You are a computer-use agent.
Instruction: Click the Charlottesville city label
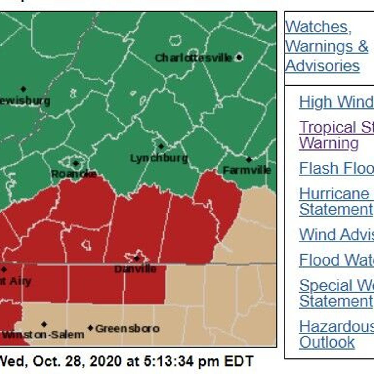(193, 58)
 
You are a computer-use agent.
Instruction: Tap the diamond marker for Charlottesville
(239, 57)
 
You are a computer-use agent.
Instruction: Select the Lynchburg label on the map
(159, 158)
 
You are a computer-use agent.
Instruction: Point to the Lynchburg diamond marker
(161, 146)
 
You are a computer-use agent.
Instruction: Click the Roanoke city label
(74, 174)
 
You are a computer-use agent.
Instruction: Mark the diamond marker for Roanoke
(76, 163)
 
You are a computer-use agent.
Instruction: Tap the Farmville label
(247, 170)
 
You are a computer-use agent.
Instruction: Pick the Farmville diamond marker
(249, 160)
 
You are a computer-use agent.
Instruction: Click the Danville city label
(135, 269)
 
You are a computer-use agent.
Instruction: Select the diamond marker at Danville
(137, 258)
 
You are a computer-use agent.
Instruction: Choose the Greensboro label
(127, 328)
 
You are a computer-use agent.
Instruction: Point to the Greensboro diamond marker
(90, 328)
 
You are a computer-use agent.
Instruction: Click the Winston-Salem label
(43, 335)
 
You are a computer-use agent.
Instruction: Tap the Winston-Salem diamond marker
(44, 324)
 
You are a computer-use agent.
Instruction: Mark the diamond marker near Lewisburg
(23, 89)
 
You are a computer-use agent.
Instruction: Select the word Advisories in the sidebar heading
(322, 66)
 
